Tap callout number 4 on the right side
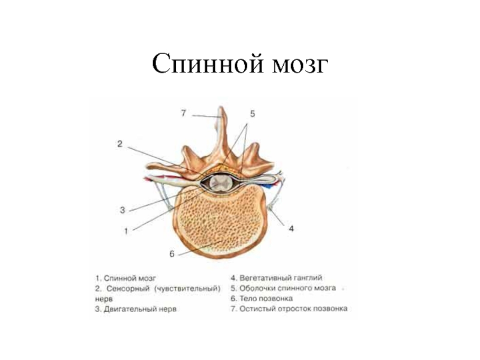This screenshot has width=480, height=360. tap(290, 229)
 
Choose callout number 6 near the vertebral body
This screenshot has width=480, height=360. tap(172, 254)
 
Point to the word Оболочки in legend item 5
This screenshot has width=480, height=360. tap(258, 289)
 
